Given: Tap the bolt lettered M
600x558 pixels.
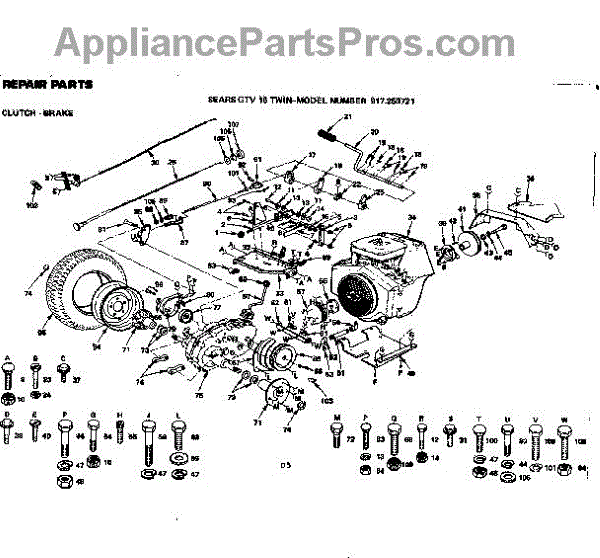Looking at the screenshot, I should (x=337, y=434).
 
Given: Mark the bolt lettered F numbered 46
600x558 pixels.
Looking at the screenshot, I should (x=66, y=434).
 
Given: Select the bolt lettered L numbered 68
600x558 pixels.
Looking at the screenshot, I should (x=178, y=433).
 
